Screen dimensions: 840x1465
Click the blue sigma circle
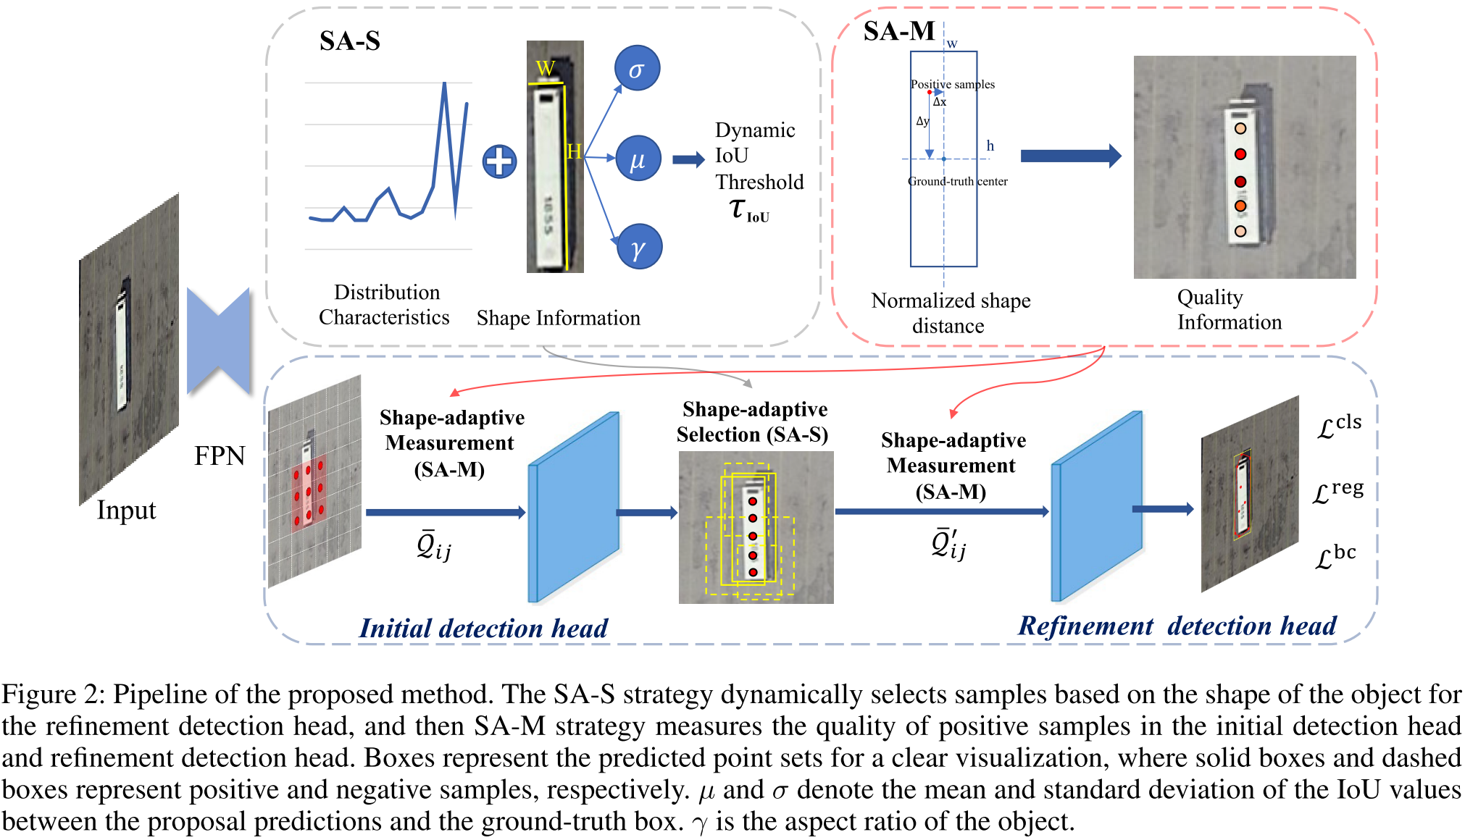[637, 69]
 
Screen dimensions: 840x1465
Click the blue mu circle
[638, 159]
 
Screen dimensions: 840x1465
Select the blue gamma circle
[638, 248]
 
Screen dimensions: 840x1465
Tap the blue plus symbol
[500, 161]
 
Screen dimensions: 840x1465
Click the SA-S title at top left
[350, 41]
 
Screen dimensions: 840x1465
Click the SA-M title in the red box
[899, 31]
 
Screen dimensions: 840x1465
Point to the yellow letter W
[545, 69]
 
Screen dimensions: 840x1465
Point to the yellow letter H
[574, 151]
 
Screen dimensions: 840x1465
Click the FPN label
[220, 455]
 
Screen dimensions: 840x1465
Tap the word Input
[127, 511]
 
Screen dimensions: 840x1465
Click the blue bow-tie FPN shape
[218, 340]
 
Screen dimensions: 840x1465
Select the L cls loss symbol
[1339, 426]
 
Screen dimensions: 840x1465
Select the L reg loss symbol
[1338, 492]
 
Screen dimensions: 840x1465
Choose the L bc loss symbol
[1335, 556]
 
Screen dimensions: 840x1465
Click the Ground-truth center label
[957, 181]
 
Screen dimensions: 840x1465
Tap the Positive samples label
[952, 84]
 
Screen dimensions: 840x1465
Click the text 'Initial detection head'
[483, 628]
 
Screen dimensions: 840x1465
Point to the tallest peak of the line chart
[444, 83]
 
